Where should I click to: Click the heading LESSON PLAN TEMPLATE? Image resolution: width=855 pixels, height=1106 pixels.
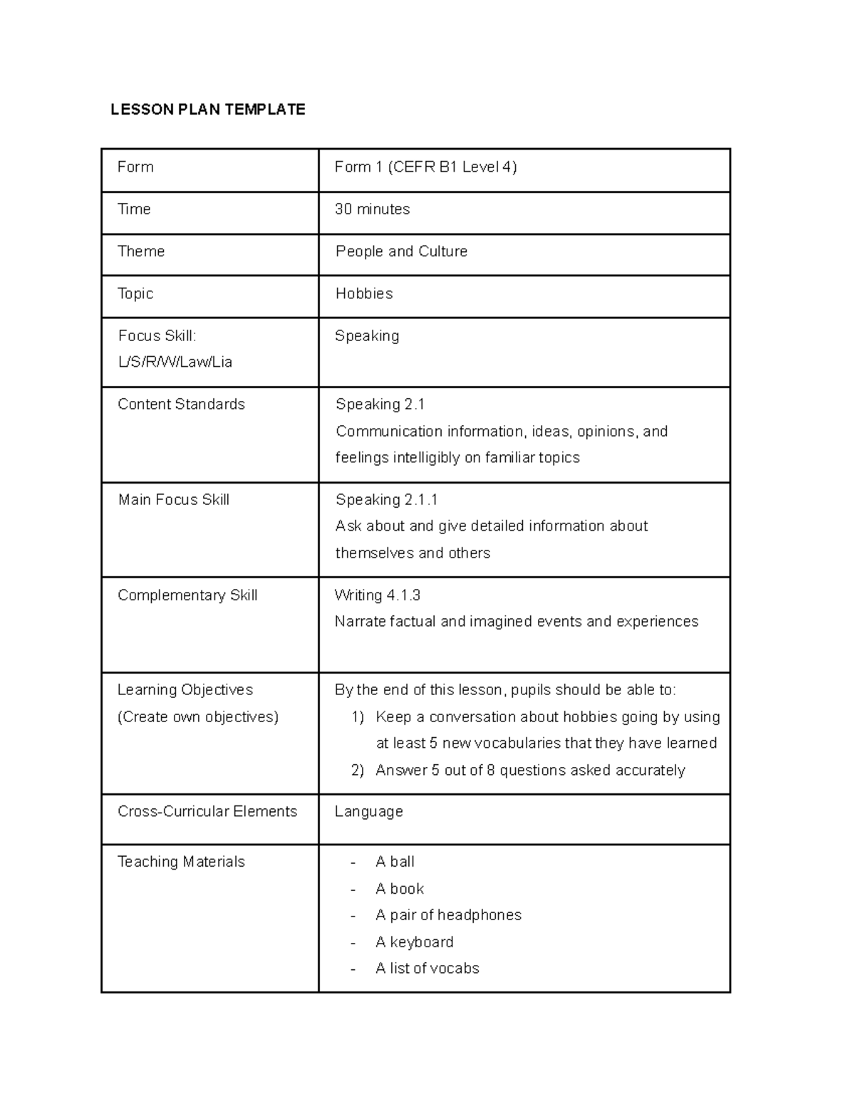click(207, 109)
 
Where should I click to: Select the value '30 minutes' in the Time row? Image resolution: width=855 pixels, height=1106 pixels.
click(372, 209)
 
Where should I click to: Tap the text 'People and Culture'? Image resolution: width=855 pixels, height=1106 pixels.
click(401, 251)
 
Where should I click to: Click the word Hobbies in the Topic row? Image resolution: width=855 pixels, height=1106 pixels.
click(363, 293)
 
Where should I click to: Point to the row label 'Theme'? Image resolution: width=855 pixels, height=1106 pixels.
click(141, 251)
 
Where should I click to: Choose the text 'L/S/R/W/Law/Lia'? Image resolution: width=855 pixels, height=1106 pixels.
click(175, 362)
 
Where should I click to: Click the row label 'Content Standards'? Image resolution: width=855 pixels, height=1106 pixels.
click(181, 405)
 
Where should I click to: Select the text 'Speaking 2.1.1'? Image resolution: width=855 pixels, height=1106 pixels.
click(386, 500)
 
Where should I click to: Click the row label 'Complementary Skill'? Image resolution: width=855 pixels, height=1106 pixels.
click(187, 595)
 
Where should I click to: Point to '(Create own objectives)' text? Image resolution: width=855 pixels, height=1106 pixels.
click(197, 717)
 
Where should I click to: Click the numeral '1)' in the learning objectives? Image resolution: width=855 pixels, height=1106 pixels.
click(358, 717)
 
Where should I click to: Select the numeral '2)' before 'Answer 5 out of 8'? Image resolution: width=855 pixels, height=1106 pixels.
click(358, 771)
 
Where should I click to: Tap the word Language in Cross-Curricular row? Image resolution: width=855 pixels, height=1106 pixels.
click(368, 812)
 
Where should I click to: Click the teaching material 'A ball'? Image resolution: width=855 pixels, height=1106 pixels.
click(395, 862)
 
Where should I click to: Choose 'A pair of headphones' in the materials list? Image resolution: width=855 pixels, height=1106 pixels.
click(448, 915)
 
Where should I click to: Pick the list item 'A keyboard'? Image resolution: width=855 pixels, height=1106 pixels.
click(414, 942)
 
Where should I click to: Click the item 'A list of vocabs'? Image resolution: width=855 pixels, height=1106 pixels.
click(427, 969)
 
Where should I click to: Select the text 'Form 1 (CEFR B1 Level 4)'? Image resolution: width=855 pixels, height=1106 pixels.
click(425, 167)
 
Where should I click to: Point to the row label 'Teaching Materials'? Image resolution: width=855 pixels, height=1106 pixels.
click(181, 862)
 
